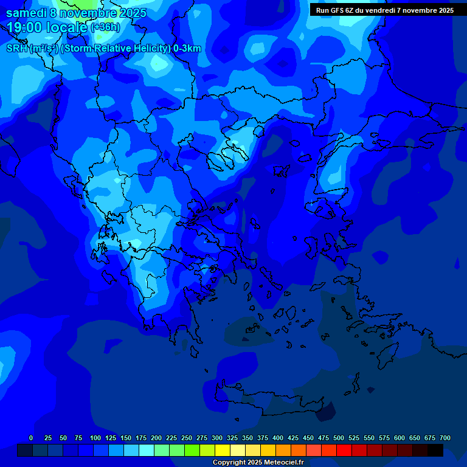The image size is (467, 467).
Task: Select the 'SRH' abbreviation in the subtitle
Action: pyautogui.click(x=17, y=49)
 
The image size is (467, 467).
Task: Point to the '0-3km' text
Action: pyautogui.click(x=187, y=49)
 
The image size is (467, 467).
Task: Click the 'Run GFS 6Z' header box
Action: pyautogui.click(x=385, y=10)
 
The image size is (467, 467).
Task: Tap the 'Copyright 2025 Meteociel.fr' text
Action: pyautogui.click(x=258, y=463)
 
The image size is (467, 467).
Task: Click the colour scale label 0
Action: pyautogui.click(x=31, y=438)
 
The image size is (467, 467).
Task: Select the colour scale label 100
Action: pyautogui.click(x=95, y=438)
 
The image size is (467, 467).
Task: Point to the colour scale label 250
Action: pyautogui.click(x=187, y=438)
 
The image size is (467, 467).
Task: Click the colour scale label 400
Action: pyautogui.click(x=278, y=438)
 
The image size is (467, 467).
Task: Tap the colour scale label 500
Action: pyautogui.click(x=339, y=438)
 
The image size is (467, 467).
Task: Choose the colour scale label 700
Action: pyautogui.click(x=445, y=438)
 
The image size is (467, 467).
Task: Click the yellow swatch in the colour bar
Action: pyautogui.click(x=223, y=451)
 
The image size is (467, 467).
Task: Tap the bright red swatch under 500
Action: pyautogui.click(x=344, y=451)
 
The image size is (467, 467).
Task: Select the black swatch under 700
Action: pyautogui.click(x=435, y=451)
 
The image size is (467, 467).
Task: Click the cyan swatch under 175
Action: pyautogui.click(x=147, y=451)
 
